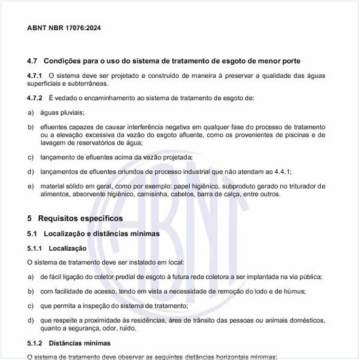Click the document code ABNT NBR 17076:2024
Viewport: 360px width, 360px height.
64,28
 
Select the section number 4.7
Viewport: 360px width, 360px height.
33,61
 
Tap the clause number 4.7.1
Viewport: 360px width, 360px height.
35,76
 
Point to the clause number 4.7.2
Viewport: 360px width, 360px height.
35,98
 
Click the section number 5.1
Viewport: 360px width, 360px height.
33,233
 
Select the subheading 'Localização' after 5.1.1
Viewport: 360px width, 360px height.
67,248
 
